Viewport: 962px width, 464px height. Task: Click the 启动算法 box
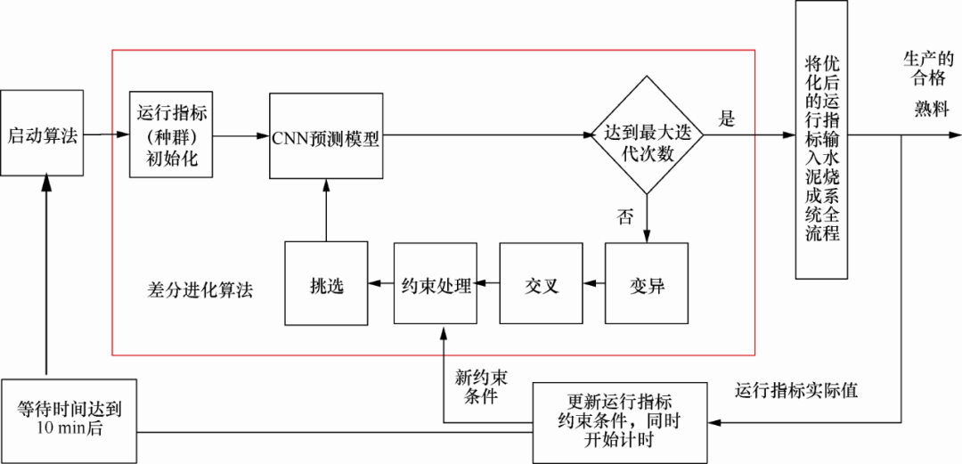click(x=43, y=135)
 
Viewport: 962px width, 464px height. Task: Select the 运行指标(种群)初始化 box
click(x=173, y=136)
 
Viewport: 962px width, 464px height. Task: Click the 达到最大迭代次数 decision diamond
click(x=648, y=135)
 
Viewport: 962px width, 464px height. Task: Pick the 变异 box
click(x=647, y=284)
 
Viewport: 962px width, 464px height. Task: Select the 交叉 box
click(x=541, y=284)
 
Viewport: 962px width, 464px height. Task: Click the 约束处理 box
click(x=435, y=284)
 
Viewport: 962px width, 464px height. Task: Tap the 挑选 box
click(x=326, y=284)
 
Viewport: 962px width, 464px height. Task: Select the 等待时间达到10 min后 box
click(x=69, y=419)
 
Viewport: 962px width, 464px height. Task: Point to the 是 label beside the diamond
click(x=727, y=120)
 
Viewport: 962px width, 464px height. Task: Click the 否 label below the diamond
click(x=626, y=216)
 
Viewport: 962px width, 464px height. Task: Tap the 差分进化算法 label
click(x=200, y=290)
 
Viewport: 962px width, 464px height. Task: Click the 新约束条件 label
click(x=481, y=387)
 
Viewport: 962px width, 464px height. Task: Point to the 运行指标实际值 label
click(x=796, y=391)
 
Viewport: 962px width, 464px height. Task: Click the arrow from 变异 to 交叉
click(x=593, y=284)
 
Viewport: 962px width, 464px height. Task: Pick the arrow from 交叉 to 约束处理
click(x=487, y=284)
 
